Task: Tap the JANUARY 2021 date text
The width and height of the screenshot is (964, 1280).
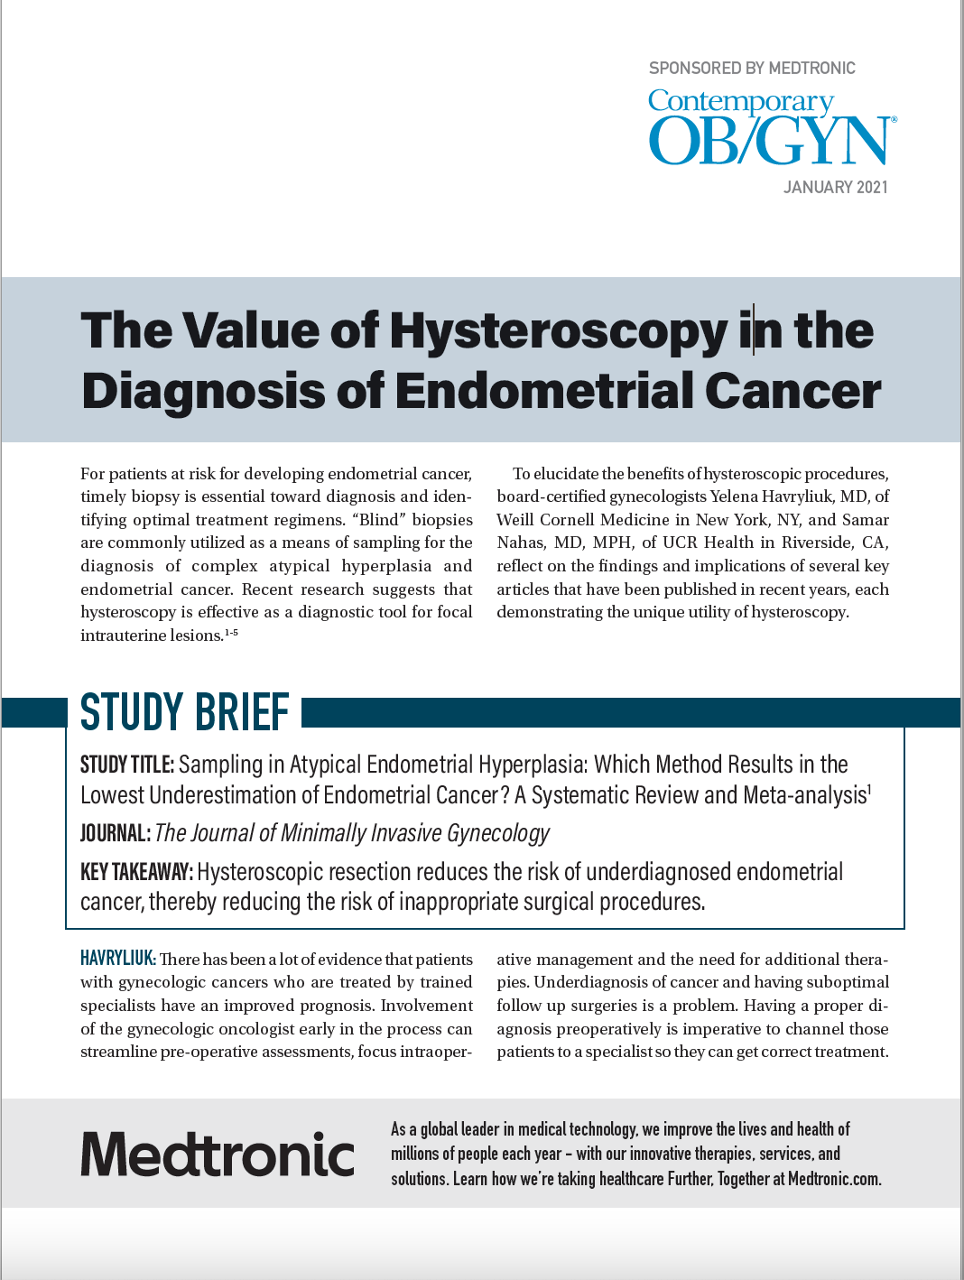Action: pos(835,188)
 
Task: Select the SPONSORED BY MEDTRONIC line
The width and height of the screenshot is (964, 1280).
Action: pos(752,69)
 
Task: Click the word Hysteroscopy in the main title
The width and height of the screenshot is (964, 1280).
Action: pos(558,330)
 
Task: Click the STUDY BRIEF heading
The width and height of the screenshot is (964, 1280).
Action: pos(185,712)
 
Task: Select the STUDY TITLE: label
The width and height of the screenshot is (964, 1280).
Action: pos(127,765)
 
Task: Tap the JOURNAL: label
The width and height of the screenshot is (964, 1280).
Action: pos(115,833)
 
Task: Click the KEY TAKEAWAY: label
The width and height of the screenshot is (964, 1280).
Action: pos(136,872)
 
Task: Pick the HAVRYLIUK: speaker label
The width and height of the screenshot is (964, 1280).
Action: pos(117,959)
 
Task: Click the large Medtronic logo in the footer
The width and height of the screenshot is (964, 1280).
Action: pos(218,1155)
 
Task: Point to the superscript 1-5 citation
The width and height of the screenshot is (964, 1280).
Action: pos(231,633)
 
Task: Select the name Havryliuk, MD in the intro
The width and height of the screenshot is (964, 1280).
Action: pos(789,496)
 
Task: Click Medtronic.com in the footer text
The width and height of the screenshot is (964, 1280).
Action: pos(834,1179)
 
